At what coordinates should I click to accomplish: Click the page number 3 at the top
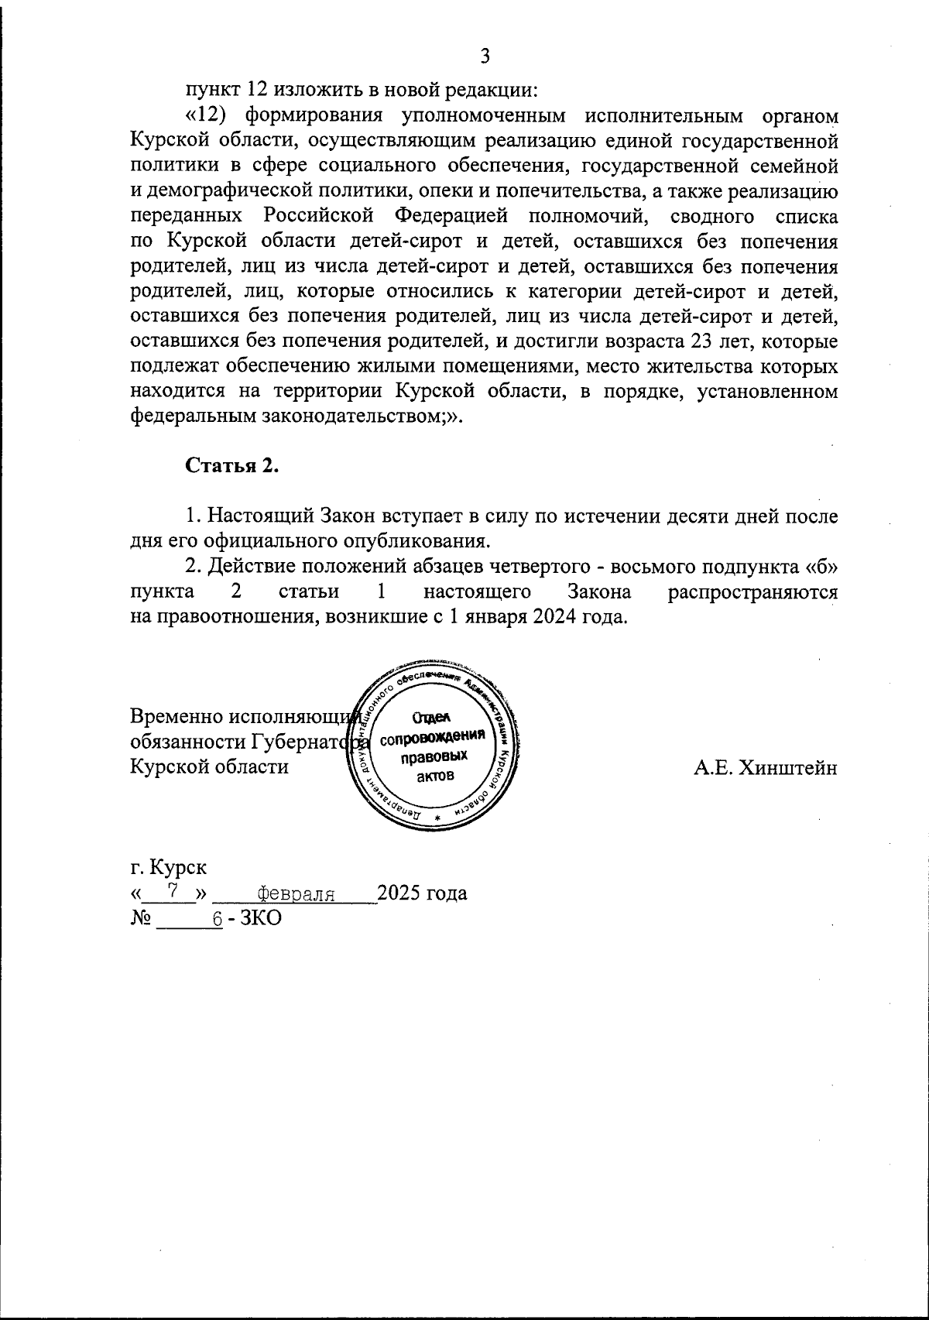pyautogui.click(x=485, y=56)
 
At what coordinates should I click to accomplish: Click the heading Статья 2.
pyautogui.click(x=230, y=466)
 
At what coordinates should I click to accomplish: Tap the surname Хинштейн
pyautogui.click(x=765, y=767)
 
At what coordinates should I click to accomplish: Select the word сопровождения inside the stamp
pyautogui.click(x=438, y=736)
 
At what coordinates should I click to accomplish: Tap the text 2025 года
pyautogui.click(x=423, y=893)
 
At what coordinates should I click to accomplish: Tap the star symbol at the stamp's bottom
pyautogui.click(x=437, y=818)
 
